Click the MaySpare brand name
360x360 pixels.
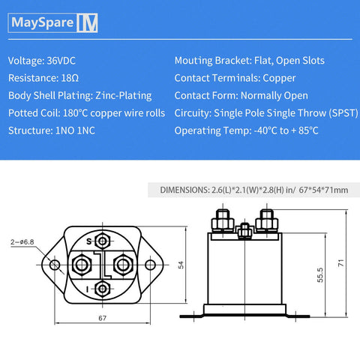[x=43, y=22]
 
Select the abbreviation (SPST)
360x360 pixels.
[x=329, y=112]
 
